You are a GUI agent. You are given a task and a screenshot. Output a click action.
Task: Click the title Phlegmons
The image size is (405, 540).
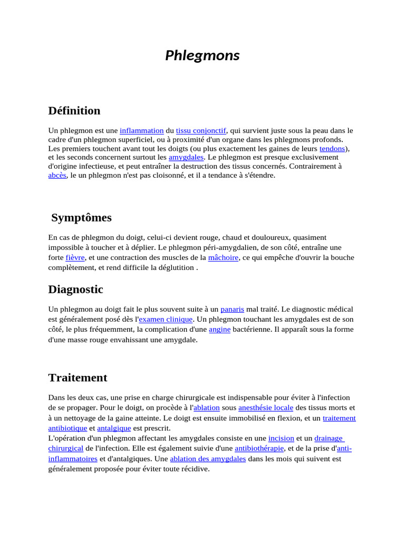tap(202, 55)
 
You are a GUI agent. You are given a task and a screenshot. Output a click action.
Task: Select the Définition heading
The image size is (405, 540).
tap(74, 111)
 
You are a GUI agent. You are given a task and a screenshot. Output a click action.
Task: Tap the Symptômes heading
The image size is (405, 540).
tap(82, 218)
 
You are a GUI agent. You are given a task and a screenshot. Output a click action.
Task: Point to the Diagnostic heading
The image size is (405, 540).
tap(75, 290)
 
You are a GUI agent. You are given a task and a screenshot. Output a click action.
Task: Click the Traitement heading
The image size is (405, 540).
tap(78, 378)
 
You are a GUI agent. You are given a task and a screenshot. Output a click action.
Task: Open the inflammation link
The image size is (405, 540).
tap(142, 130)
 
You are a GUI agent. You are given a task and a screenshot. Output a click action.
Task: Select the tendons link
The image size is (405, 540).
tap(332, 149)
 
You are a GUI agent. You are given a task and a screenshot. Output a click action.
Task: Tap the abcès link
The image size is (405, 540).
tap(57, 175)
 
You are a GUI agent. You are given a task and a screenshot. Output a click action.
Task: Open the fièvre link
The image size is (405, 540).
tap(75, 258)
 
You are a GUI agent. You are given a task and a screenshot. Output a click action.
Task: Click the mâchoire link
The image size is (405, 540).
tap(223, 258)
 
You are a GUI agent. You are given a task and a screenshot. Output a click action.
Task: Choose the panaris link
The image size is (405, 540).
tap(232, 310)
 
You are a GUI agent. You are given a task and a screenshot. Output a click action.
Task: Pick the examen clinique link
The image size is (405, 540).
tap(166, 320)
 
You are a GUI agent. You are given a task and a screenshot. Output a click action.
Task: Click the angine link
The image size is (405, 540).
tap(219, 330)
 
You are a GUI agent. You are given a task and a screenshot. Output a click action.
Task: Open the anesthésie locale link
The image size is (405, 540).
tap(265, 408)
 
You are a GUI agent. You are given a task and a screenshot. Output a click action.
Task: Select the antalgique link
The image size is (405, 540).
tap(114, 428)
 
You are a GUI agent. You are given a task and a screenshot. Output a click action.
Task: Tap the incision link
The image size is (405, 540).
tap(281, 438)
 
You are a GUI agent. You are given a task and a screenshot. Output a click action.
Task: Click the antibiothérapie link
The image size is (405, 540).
tap(259, 448)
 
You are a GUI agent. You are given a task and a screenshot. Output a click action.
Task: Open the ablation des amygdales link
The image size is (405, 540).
tap(208, 459)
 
